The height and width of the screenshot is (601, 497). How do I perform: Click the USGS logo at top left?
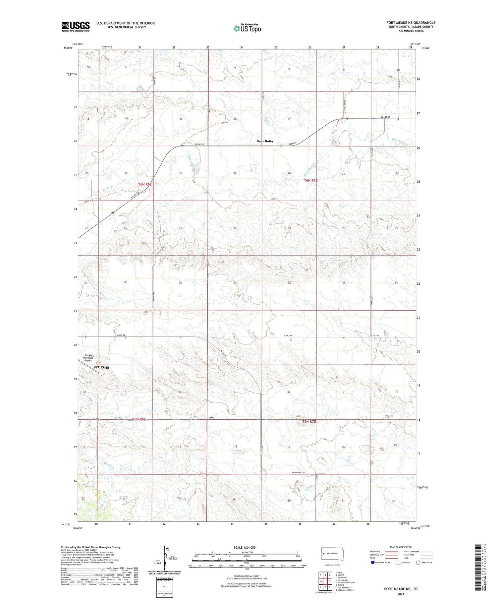76,27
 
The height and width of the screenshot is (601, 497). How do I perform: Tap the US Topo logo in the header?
247,29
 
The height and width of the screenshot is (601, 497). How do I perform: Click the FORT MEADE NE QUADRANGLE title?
411,23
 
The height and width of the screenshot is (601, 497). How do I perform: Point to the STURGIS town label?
101,367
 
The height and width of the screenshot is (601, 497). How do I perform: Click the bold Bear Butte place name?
265,141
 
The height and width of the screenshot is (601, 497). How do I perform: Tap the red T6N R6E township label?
145,184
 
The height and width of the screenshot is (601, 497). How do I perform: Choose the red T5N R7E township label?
309,421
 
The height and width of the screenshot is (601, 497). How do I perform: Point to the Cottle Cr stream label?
109,188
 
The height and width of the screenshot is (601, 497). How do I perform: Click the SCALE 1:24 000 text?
245,547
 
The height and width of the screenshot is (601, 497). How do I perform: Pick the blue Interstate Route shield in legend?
373,562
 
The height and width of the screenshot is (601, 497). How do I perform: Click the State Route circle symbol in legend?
418,562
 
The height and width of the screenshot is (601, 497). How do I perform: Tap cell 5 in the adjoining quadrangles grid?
330,581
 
